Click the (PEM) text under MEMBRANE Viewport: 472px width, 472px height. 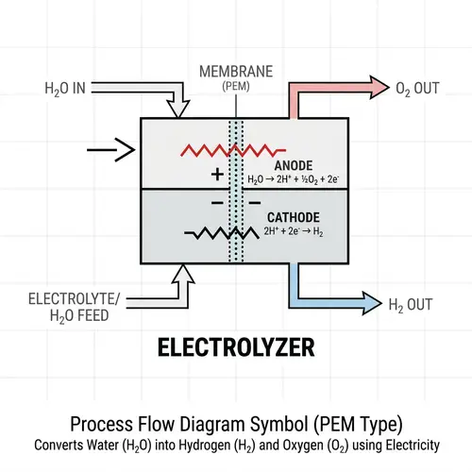(236, 86)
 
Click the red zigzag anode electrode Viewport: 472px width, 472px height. (218, 150)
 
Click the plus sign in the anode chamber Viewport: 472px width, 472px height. (218, 174)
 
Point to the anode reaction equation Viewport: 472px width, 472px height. (291, 177)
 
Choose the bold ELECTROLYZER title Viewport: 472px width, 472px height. (236, 350)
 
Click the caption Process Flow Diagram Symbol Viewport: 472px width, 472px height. (236, 423)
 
